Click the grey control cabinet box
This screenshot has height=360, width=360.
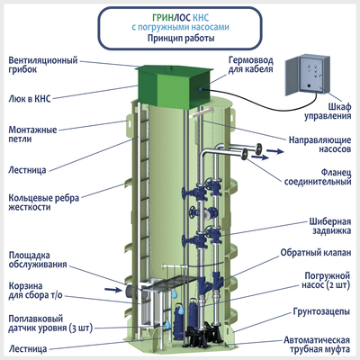[305, 75]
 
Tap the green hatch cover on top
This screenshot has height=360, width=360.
[175, 87]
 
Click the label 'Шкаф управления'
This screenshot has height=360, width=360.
[328, 112]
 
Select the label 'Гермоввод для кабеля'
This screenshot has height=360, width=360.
[251, 65]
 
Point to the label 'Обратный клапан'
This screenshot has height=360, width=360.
[316, 253]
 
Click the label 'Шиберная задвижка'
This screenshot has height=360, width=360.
[330, 226]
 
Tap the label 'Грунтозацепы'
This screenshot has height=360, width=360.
[321, 311]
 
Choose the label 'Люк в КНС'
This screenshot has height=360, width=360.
[30, 98]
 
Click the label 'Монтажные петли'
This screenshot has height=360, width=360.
[32, 134]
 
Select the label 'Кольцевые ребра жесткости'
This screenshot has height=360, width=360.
[44, 202]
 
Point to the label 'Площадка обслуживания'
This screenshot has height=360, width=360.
[38, 260]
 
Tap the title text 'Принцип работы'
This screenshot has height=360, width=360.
[181, 39]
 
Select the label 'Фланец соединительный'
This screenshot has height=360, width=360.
[318, 177]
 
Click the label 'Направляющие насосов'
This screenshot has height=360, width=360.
[319, 144]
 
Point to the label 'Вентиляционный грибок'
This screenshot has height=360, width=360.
[43, 65]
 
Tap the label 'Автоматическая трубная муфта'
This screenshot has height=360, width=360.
[317, 345]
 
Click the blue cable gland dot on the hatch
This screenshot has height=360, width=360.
[201, 89]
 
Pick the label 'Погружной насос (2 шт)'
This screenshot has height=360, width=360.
[326, 280]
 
